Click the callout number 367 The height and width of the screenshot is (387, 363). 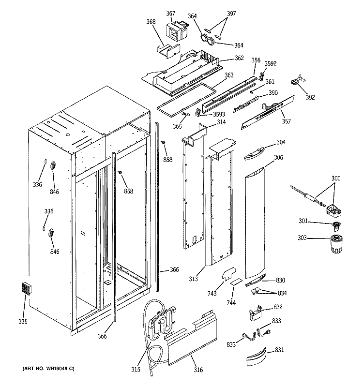point(171,13)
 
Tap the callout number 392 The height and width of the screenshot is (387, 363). point(310,97)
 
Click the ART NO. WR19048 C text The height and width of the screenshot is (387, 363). point(47,369)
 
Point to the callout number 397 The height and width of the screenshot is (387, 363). point(231,14)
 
